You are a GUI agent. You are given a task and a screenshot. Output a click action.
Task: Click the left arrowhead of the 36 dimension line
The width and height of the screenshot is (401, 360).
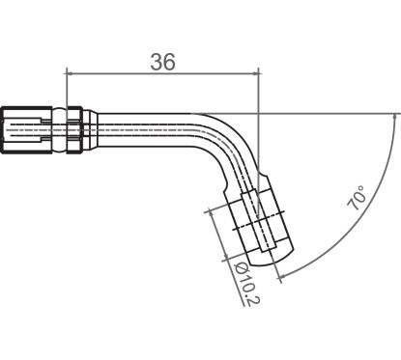click(71, 71)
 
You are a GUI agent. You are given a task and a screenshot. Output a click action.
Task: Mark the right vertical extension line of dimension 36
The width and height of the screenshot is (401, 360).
click(260, 97)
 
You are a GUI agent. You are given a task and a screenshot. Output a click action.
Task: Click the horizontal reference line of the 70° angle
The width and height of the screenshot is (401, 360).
click(329, 111)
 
